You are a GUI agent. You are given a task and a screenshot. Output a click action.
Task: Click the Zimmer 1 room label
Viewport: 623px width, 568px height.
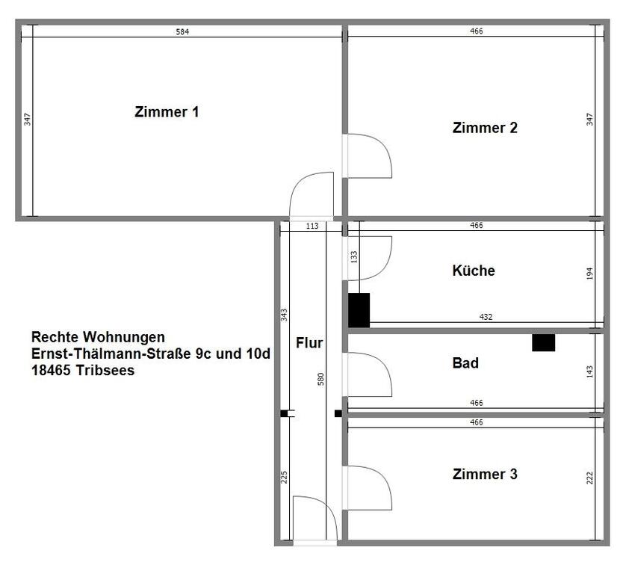(x=167, y=113)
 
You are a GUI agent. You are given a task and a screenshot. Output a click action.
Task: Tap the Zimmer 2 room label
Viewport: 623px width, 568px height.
(x=485, y=128)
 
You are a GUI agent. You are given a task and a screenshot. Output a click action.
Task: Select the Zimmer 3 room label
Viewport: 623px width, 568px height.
(x=485, y=474)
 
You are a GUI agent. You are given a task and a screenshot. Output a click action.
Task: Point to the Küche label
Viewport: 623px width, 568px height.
(x=474, y=271)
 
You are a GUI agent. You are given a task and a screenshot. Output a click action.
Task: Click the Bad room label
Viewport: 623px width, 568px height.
(x=465, y=364)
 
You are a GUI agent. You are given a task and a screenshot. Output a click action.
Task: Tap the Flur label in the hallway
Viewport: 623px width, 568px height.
(x=309, y=344)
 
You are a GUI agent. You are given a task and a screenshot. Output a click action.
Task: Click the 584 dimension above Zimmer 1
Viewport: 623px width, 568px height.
(x=182, y=31)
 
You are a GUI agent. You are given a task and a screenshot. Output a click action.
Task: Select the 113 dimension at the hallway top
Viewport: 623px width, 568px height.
(x=313, y=226)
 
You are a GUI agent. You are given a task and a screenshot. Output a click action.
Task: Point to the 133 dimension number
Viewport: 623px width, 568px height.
(x=354, y=256)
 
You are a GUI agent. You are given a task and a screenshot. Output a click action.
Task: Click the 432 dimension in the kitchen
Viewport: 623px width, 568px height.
(x=486, y=318)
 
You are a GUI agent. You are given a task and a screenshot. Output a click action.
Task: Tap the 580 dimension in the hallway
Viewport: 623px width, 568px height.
(x=321, y=378)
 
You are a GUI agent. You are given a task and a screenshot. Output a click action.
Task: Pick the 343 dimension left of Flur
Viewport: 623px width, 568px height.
(x=284, y=315)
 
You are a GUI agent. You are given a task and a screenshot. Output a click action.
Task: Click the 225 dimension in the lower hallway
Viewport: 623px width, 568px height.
(x=284, y=477)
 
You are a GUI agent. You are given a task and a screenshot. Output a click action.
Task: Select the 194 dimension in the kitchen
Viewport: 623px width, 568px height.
(x=589, y=273)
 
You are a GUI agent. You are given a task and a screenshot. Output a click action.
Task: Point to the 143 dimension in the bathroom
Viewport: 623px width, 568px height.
(x=589, y=371)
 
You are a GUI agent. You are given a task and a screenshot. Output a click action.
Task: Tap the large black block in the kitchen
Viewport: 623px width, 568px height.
(x=359, y=309)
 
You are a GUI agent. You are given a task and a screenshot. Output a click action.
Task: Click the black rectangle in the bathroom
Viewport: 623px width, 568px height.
(x=543, y=342)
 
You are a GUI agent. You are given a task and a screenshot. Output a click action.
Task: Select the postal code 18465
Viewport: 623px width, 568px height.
(x=52, y=370)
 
